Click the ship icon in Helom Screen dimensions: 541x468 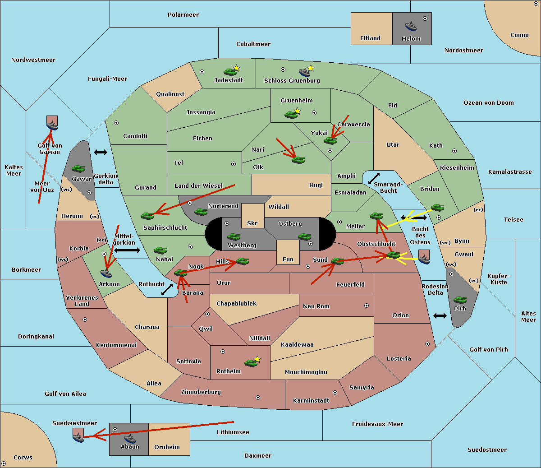point(411,26)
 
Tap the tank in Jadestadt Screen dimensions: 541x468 point(230,72)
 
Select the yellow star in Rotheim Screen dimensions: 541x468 point(257,359)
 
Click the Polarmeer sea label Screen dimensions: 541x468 point(183,15)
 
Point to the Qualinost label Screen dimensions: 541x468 point(170,94)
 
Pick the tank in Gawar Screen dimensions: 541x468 point(78,168)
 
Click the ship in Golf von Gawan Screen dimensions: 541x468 point(52,125)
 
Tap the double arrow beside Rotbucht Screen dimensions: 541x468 point(167,289)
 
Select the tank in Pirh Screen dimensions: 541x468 point(460,300)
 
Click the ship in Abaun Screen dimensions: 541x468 point(130,439)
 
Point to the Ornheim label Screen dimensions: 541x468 point(167,447)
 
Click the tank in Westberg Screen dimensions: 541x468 point(234,236)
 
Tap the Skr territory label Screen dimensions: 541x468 point(252,223)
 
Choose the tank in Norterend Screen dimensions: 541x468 point(201,212)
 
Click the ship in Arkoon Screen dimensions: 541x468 point(106,273)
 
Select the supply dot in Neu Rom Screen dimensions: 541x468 point(367,306)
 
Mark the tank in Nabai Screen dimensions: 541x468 point(160,250)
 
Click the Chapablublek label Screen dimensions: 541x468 point(236,303)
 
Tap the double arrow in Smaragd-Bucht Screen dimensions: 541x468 point(374,178)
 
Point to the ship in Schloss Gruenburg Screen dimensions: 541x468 point(304,72)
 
